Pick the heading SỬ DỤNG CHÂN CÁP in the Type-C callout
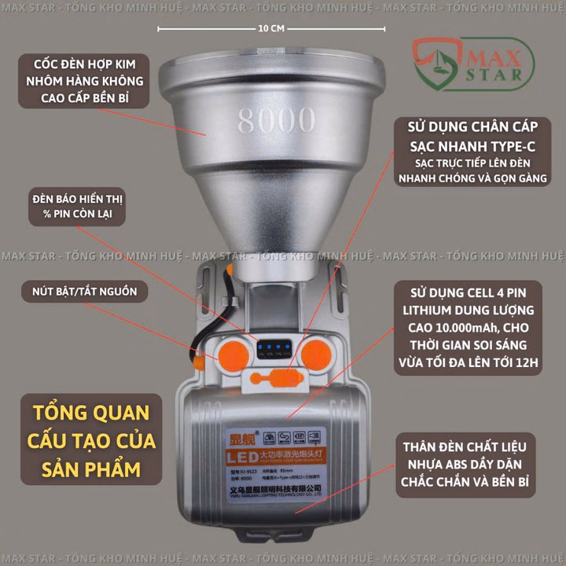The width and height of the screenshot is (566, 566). (x=477, y=127)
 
